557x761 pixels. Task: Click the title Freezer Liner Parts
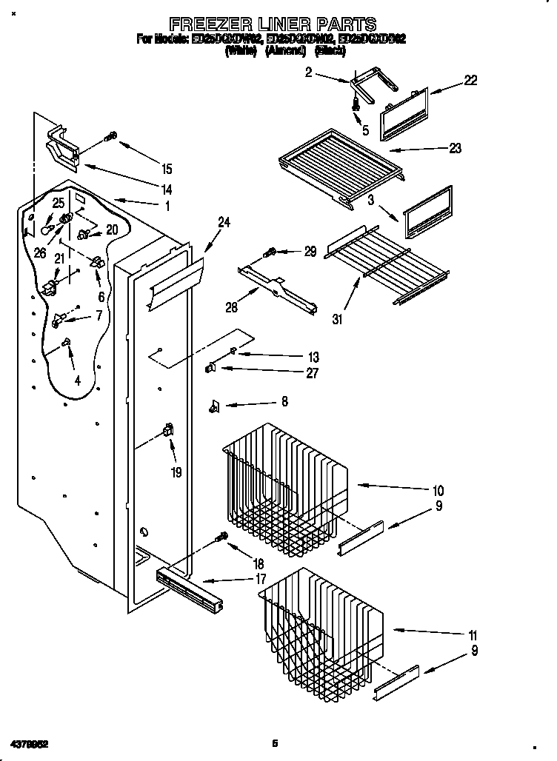[x=273, y=24]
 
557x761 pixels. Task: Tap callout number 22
[x=470, y=81]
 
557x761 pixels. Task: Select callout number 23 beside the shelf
[x=454, y=148]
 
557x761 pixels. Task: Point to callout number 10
[x=438, y=490]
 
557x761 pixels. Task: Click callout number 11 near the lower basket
[x=472, y=635]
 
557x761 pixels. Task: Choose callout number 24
[x=224, y=221]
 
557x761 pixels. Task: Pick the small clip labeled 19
[x=168, y=431]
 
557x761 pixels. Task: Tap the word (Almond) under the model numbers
[x=285, y=51]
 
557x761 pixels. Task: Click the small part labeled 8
[x=215, y=404]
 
